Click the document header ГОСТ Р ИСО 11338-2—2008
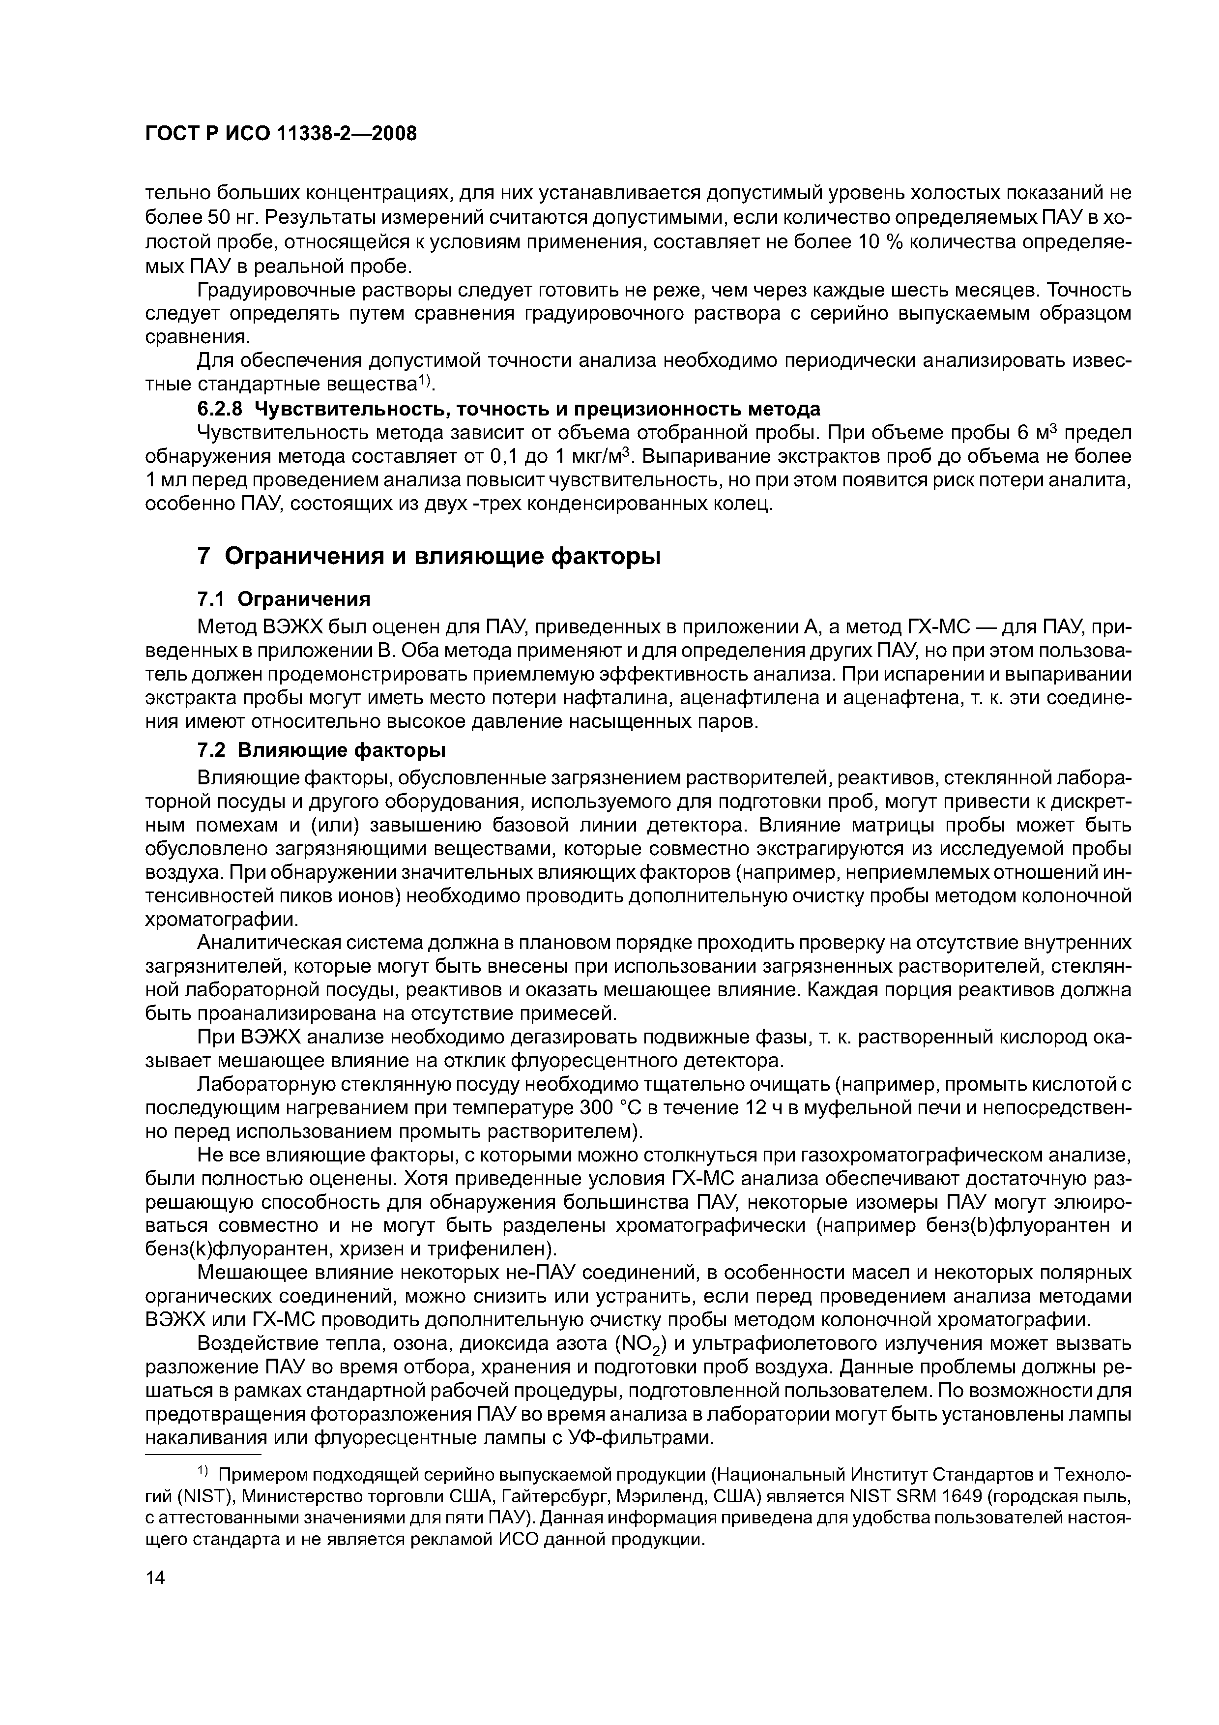[280, 134]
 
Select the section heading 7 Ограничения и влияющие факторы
[428, 557]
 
